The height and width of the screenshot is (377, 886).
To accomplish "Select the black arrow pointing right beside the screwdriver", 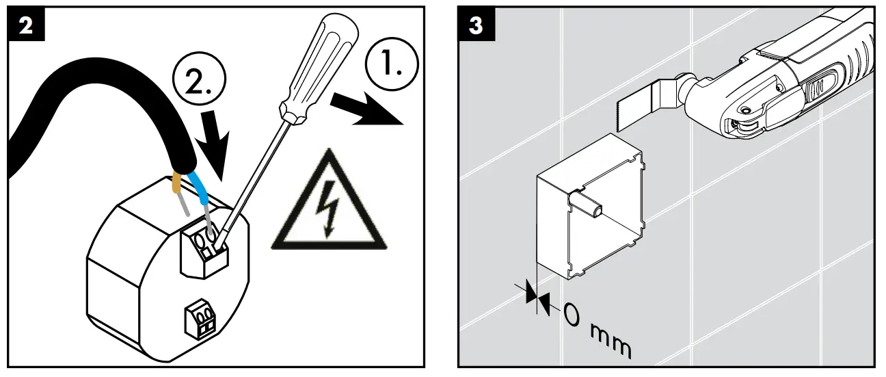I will pos(365,109).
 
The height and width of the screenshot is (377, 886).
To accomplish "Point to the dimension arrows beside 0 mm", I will pos(537,296).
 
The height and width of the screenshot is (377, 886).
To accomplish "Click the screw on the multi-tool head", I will pos(743,110).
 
